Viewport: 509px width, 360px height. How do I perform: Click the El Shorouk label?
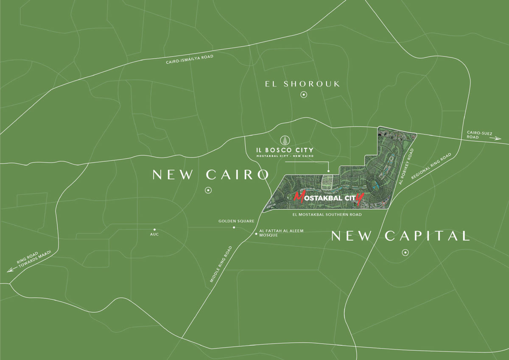302,84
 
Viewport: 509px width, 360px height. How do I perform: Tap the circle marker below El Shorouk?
304,95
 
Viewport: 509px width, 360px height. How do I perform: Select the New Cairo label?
211,174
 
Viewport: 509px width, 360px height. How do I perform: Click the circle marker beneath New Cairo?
208,190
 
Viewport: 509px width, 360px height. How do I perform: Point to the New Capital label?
400,236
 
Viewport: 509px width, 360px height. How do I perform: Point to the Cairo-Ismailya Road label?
190,59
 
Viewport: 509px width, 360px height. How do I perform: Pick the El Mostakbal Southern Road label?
327,215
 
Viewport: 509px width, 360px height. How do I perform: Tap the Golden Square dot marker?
234,228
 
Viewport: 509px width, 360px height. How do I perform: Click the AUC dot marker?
155,229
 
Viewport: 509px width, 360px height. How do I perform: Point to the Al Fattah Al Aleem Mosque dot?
256,233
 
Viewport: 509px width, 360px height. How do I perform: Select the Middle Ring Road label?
221,264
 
